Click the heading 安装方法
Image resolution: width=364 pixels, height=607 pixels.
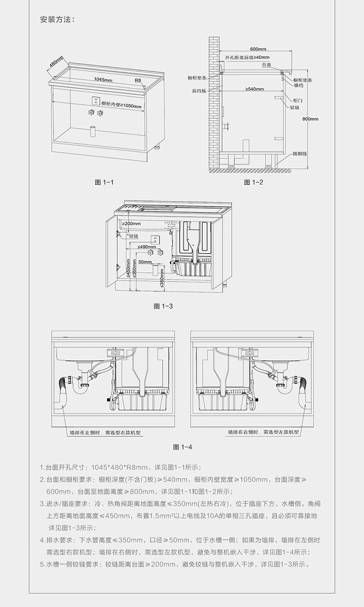[57, 20]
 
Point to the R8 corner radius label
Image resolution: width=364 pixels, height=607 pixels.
[138, 80]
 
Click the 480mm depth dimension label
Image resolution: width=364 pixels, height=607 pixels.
[56, 66]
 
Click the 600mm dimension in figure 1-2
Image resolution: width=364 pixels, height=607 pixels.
[258, 49]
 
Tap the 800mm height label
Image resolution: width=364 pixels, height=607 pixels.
[310, 119]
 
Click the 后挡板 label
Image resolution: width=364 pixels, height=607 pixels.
[199, 91]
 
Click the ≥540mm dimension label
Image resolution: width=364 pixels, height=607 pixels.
[254, 89]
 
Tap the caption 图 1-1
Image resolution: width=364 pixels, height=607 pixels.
[104, 182]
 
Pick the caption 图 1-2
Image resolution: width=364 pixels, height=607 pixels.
[253, 182]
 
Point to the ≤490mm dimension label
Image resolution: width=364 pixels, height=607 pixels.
[147, 247]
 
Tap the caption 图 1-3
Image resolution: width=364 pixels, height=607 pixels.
[163, 306]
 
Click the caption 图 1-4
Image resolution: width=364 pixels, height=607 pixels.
[182, 447]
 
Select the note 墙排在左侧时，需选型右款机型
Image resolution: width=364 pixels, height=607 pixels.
[105, 433]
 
